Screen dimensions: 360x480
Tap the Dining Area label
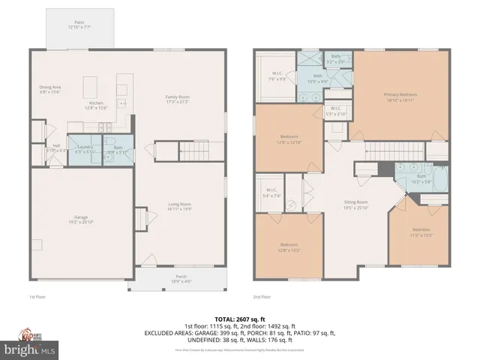(x=50, y=89)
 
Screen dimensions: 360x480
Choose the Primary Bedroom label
(x=400, y=97)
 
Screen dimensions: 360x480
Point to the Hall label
(x=55, y=148)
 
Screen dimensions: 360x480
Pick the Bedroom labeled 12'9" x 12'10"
(x=288, y=139)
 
